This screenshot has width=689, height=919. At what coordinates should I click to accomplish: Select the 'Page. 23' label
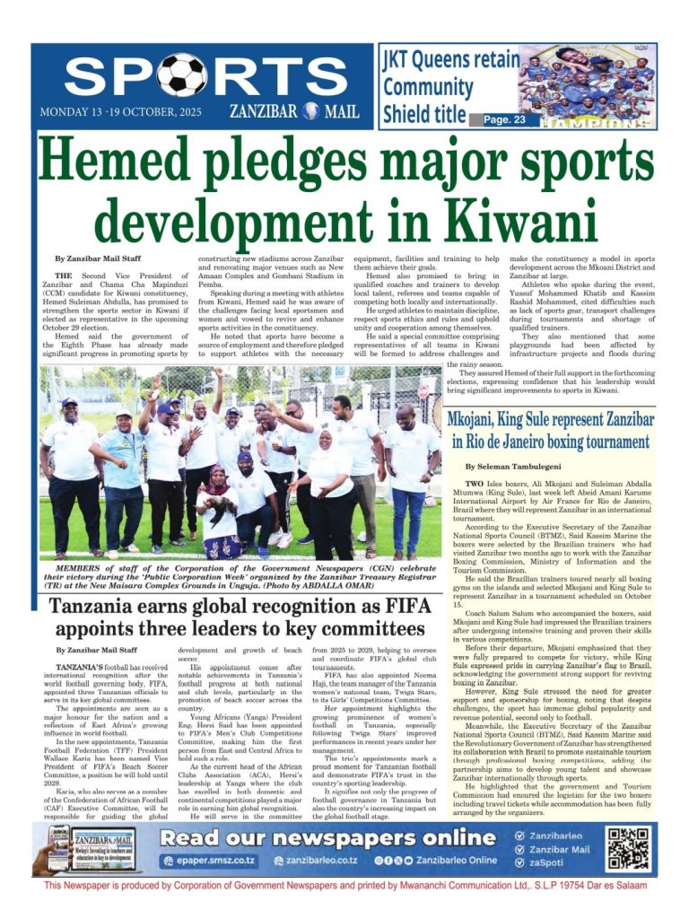[x=510, y=118]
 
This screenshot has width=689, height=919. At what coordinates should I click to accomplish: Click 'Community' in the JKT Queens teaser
[x=427, y=88]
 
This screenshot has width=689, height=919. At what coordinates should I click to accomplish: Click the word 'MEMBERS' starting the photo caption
[x=80, y=569]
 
